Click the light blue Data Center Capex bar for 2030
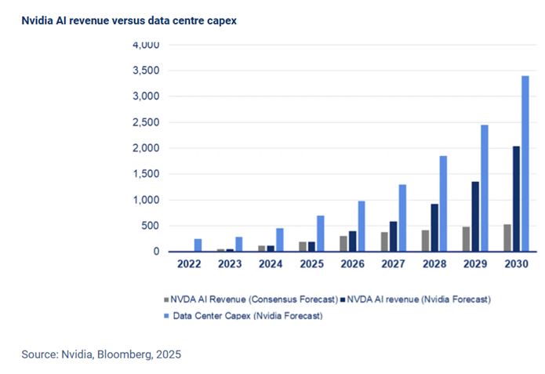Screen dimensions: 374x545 (525, 164)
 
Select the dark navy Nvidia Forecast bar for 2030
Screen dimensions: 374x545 (514, 199)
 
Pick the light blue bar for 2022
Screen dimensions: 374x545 (198, 245)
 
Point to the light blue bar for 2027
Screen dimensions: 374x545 (402, 218)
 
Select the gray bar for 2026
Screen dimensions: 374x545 (343, 244)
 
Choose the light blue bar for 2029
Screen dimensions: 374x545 (484, 188)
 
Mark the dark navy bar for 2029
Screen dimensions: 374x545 (474, 216)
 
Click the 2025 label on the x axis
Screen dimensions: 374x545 (311, 265)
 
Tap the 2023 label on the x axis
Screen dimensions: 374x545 (230, 265)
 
